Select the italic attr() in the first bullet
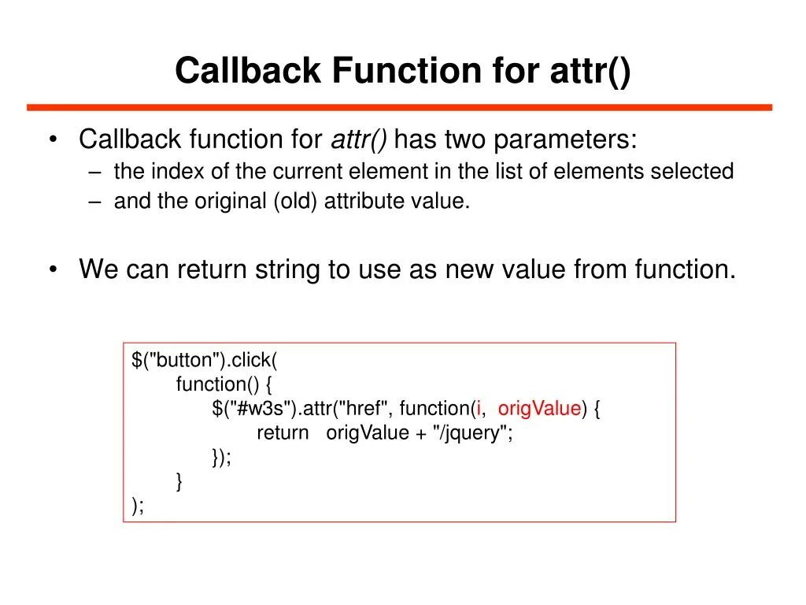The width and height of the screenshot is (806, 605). [358, 140]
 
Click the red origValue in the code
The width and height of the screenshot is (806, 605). [539, 409]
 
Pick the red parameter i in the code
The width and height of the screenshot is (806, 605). [479, 409]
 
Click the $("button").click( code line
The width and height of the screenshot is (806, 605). [205, 361]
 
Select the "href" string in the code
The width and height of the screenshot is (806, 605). [365, 409]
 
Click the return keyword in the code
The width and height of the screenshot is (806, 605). [283, 433]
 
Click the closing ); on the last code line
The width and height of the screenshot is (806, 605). [138, 506]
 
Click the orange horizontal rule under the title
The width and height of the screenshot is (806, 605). [399, 107]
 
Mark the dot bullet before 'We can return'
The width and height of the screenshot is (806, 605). [53, 270]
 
